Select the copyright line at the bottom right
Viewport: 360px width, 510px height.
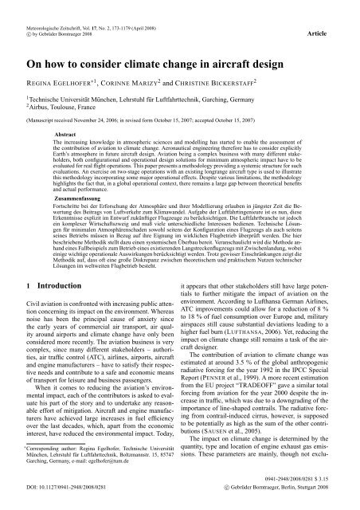pyautogui.click(x=290, y=504)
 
